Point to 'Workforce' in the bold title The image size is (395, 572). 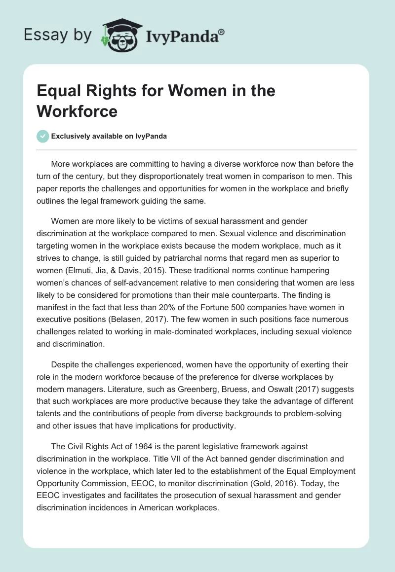tap(77, 111)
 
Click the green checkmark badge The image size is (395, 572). tap(43, 136)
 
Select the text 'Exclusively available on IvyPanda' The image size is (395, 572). tap(109, 137)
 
